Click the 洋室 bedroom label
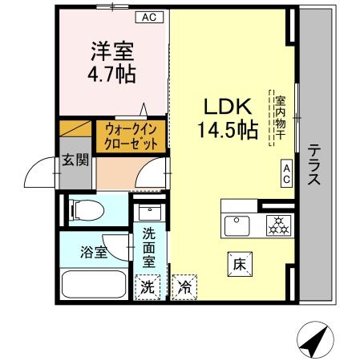click(x=110, y=51)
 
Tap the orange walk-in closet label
click(x=131, y=136)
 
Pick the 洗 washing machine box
click(x=148, y=286)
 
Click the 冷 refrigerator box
click(x=184, y=286)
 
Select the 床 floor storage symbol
click(x=239, y=262)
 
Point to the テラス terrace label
click(x=314, y=165)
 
